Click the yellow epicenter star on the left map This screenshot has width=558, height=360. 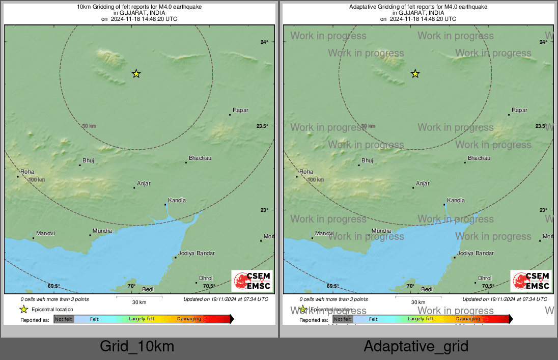(x=136, y=74)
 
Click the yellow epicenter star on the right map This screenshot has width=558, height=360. (x=415, y=74)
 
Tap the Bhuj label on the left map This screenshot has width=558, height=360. (x=88, y=160)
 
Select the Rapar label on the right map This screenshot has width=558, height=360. (x=519, y=110)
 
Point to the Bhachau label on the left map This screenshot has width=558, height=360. (x=200, y=158)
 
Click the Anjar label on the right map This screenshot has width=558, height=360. (x=423, y=183)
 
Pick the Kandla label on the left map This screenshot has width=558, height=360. (x=177, y=200)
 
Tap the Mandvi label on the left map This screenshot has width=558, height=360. (x=45, y=233)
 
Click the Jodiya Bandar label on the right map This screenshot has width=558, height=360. (x=476, y=253)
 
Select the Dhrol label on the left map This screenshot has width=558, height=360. (x=206, y=278)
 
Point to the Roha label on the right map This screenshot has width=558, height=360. (x=306, y=172)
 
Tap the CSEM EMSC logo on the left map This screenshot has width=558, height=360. (x=252, y=281)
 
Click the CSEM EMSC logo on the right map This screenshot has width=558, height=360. (x=531, y=281)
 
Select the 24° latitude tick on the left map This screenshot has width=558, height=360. (x=264, y=42)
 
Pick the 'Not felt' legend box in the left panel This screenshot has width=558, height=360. (x=64, y=319)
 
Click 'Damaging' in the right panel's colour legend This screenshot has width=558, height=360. (x=468, y=319)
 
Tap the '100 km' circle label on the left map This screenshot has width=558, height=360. (x=37, y=180)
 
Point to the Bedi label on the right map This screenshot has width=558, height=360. (x=427, y=289)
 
